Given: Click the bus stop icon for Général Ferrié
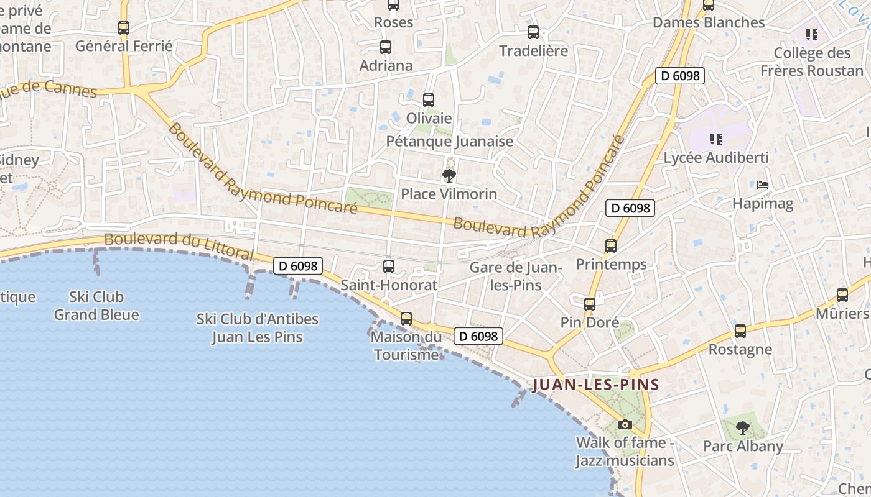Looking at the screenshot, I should (x=124, y=28).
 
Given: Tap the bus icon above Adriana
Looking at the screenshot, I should (x=386, y=47).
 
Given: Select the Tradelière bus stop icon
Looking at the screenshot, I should (x=533, y=32).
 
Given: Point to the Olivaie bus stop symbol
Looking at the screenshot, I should (x=429, y=99).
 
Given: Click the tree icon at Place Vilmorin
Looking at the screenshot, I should (x=449, y=176).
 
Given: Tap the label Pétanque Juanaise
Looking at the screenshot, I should (x=450, y=141).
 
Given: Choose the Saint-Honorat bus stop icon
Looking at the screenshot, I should (x=389, y=267).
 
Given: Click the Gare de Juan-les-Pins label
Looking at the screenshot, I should (x=516, y=276).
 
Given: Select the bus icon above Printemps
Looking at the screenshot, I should (x=611, y=246).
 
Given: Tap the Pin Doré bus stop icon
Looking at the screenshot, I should (x=590, y=304).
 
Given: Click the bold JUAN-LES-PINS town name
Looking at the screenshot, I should (x=596, y=385).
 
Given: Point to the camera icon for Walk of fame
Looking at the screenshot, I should (x=625, y=425).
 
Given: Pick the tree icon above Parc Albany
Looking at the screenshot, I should (x=742, y=427).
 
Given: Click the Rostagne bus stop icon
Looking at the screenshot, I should (x=740, y=331).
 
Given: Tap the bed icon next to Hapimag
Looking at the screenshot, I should (x=763, y=185).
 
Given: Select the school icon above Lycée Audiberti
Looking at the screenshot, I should (x=715, y=139).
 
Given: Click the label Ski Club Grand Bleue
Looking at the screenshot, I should (x=96, y=306).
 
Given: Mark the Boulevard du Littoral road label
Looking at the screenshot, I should (x=179, y=247).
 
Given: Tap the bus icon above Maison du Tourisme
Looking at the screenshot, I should (x=406, y=319).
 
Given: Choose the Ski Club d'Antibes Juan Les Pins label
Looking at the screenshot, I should (x=257, y=328).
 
